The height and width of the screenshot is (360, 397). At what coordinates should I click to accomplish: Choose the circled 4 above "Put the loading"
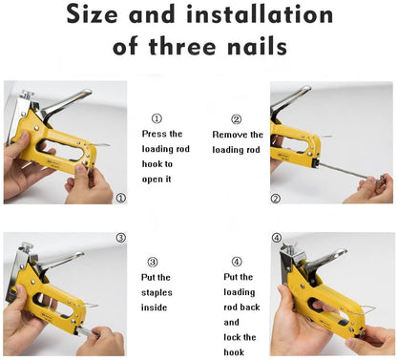click(x=237, y=261)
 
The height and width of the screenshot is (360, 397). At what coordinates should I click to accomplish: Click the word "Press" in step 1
click(x=156, y=135)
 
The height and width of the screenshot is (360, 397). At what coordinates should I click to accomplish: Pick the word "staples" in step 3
click(x=160, y=292)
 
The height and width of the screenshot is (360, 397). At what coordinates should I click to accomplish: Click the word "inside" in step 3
click(x=155, y=307)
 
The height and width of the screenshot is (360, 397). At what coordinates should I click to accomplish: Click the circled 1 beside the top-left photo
click(x=120, y=198)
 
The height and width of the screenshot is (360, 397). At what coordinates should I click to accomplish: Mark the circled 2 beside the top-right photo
click(x=275, y=199)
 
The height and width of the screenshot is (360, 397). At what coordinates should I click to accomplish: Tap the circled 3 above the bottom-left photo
click(x=120, y=237)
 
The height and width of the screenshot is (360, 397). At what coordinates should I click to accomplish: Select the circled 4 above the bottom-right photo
click(x=276, y=238)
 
